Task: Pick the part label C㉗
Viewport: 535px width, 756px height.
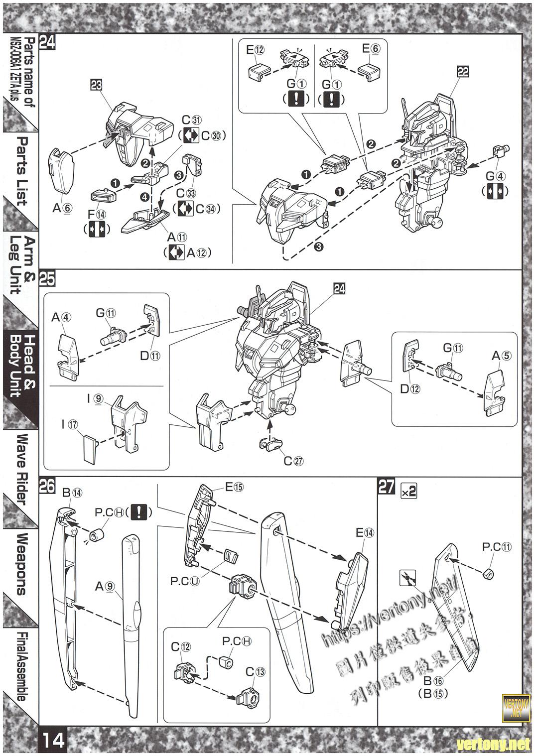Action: [293, 461]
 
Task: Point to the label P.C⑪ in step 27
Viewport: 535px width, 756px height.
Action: [497, 547]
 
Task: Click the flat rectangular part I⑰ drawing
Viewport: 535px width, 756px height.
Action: [91, 448]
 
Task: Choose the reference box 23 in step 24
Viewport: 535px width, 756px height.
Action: [97, 85]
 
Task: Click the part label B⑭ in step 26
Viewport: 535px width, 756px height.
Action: [72, 493]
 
